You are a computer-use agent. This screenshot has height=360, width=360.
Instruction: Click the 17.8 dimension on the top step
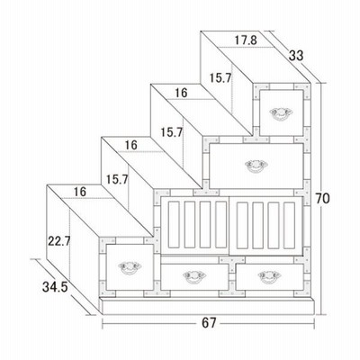(246, 40)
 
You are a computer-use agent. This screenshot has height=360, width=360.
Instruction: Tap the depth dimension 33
(296, 56)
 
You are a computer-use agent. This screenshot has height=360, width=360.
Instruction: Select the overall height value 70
(322, 199)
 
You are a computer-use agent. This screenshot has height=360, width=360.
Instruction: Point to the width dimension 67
(209, 323)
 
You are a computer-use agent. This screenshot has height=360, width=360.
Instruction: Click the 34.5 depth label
(55, 287)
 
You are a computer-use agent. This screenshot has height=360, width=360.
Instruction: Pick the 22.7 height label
(59, 241)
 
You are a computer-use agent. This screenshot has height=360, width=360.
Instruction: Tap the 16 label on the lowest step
(80, 192)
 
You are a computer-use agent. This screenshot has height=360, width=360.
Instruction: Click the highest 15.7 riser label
(220, 78)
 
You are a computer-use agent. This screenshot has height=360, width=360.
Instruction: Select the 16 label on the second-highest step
(181, 93)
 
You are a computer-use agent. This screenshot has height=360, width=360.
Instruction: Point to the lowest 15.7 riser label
(117, 179)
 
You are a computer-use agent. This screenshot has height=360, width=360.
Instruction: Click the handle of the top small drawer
(281, 113)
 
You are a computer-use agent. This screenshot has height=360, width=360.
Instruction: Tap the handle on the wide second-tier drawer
(256, 166)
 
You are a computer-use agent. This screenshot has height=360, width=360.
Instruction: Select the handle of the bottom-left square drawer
(130, 267)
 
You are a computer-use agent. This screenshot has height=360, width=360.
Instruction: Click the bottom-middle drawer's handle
(194, 276)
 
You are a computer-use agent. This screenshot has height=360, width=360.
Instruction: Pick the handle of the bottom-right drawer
(269, 276)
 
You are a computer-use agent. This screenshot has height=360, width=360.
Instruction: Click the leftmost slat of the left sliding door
(174, 225)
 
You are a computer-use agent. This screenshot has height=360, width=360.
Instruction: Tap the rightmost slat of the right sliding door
(289, 226)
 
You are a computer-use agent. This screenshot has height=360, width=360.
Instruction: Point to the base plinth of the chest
(208, 306)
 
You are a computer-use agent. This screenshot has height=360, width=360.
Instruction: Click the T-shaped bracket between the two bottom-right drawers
(232, 264)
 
